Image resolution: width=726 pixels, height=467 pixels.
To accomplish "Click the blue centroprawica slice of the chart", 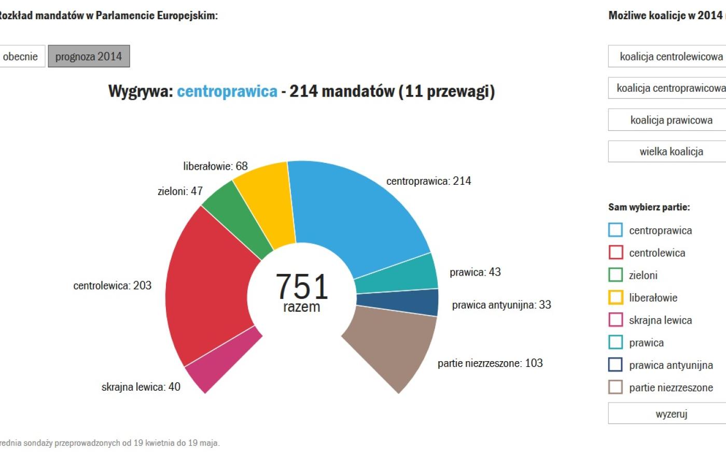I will pos(358,213).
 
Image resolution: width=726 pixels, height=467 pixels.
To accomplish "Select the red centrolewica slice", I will pos(207,285).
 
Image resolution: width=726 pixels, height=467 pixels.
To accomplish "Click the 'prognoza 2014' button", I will pos(89,57).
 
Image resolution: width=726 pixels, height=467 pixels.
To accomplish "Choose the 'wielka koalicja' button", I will pos(671,152).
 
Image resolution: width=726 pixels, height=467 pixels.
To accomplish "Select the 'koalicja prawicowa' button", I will pos(671,120).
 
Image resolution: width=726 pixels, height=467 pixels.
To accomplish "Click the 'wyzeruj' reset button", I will pos(671,414).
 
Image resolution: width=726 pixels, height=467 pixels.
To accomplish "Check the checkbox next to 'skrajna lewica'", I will pos(616,320).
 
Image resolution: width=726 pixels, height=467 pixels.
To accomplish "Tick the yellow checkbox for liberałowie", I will pos(616,297).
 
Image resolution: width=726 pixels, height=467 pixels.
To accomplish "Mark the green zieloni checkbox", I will pos(616,275).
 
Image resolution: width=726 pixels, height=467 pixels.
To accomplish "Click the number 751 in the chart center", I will pos(302,286).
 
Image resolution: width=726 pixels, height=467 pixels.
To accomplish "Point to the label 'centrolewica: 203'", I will pos(113,285).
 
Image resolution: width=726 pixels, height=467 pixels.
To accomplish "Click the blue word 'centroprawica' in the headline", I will pos(227,91).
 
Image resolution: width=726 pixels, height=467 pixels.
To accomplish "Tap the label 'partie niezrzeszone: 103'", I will pos(490,363).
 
